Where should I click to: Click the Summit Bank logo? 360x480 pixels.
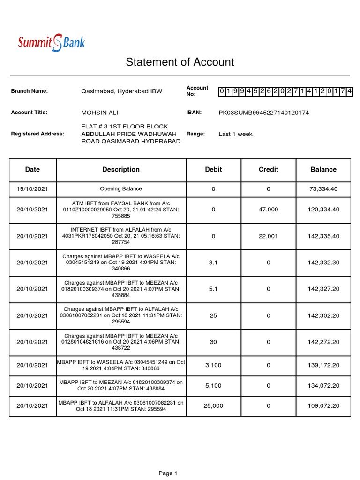tap(52, 43)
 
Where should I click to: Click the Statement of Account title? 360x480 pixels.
tap(180, 62)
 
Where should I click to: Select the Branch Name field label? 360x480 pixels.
tap(30, 91)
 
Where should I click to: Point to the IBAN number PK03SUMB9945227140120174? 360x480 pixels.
tap(264, 112)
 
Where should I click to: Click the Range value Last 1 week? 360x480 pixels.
tap(235, 134)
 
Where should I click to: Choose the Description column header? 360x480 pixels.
tap(121, 170)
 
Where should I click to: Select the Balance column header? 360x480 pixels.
tap(323, 170)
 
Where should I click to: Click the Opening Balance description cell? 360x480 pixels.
tap(121, 189)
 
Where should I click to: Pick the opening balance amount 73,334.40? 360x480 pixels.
tap(323, 189)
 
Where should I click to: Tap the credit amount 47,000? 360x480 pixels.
tap(268, 210)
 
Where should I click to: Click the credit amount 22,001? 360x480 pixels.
tap(268, 236)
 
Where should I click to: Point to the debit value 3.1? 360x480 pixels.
tap(213, 263)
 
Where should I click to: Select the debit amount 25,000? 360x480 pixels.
tap(213, 405)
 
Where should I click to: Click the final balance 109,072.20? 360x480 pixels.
tap(323, 405)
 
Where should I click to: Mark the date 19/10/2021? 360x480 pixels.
tap(32, 189)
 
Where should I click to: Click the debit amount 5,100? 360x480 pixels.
tap(213, 386)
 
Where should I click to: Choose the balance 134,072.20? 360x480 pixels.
tap(323, 386)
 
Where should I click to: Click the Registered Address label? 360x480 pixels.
tap(37, 134)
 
